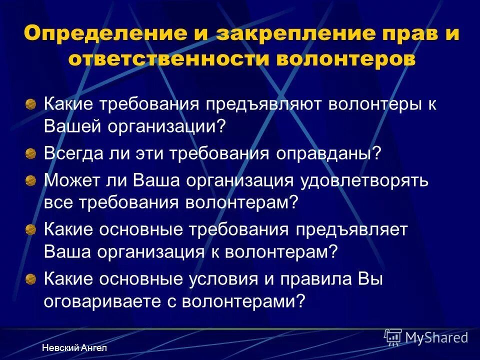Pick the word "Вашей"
click(73, 125)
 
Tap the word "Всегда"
click(72, 152)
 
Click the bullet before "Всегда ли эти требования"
click(31, 152)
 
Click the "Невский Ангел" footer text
click(73, 347)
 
